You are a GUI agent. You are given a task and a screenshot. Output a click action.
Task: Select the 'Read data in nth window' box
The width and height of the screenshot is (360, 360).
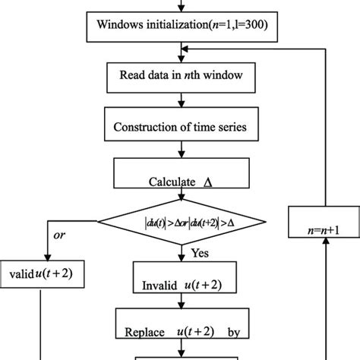click(x=180, y=76)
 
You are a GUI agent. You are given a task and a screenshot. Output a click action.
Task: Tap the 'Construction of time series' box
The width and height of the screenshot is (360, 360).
click(x=180, y=125)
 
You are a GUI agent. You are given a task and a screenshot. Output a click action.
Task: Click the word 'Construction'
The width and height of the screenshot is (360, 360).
click(x=144, y=125)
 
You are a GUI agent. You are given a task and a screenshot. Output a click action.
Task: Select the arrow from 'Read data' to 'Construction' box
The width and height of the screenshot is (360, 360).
click(x=180, y=100)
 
